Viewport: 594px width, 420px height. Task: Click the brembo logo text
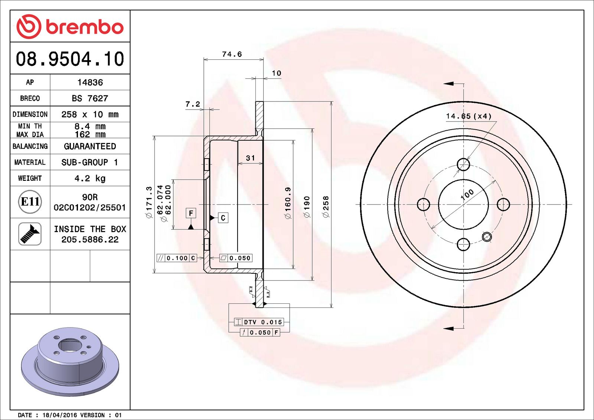[x=84, y=27]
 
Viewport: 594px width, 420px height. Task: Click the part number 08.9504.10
[x=70, y=59]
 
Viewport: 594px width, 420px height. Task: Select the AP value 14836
[x=90, y=82]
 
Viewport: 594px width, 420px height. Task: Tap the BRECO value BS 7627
[x=90, y=98]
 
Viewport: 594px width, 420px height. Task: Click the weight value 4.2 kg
[x=90, y=178]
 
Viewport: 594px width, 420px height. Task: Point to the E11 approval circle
[x=30, y=202]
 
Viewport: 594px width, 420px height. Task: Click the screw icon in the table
[x=30, y=234]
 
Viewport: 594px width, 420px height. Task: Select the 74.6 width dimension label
[x=232, y=54]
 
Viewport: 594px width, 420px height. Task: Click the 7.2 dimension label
[x=193, y=104]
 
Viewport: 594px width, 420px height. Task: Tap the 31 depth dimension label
[x=251, y=158]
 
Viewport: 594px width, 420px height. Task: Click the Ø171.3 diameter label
[x=149, y=202]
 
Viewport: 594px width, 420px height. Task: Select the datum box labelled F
[x=191, y=213]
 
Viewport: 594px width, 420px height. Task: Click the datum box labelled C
[x=223, y=218]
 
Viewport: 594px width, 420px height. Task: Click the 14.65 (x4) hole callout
[x=469, y=116]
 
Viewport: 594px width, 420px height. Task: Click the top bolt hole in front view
[x=463, y=164]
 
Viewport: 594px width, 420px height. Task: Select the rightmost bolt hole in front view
[x=503, y=204]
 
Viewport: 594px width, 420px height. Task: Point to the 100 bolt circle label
[x=467, y=194]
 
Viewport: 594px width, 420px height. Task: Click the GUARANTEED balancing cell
[x=90, y=146]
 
